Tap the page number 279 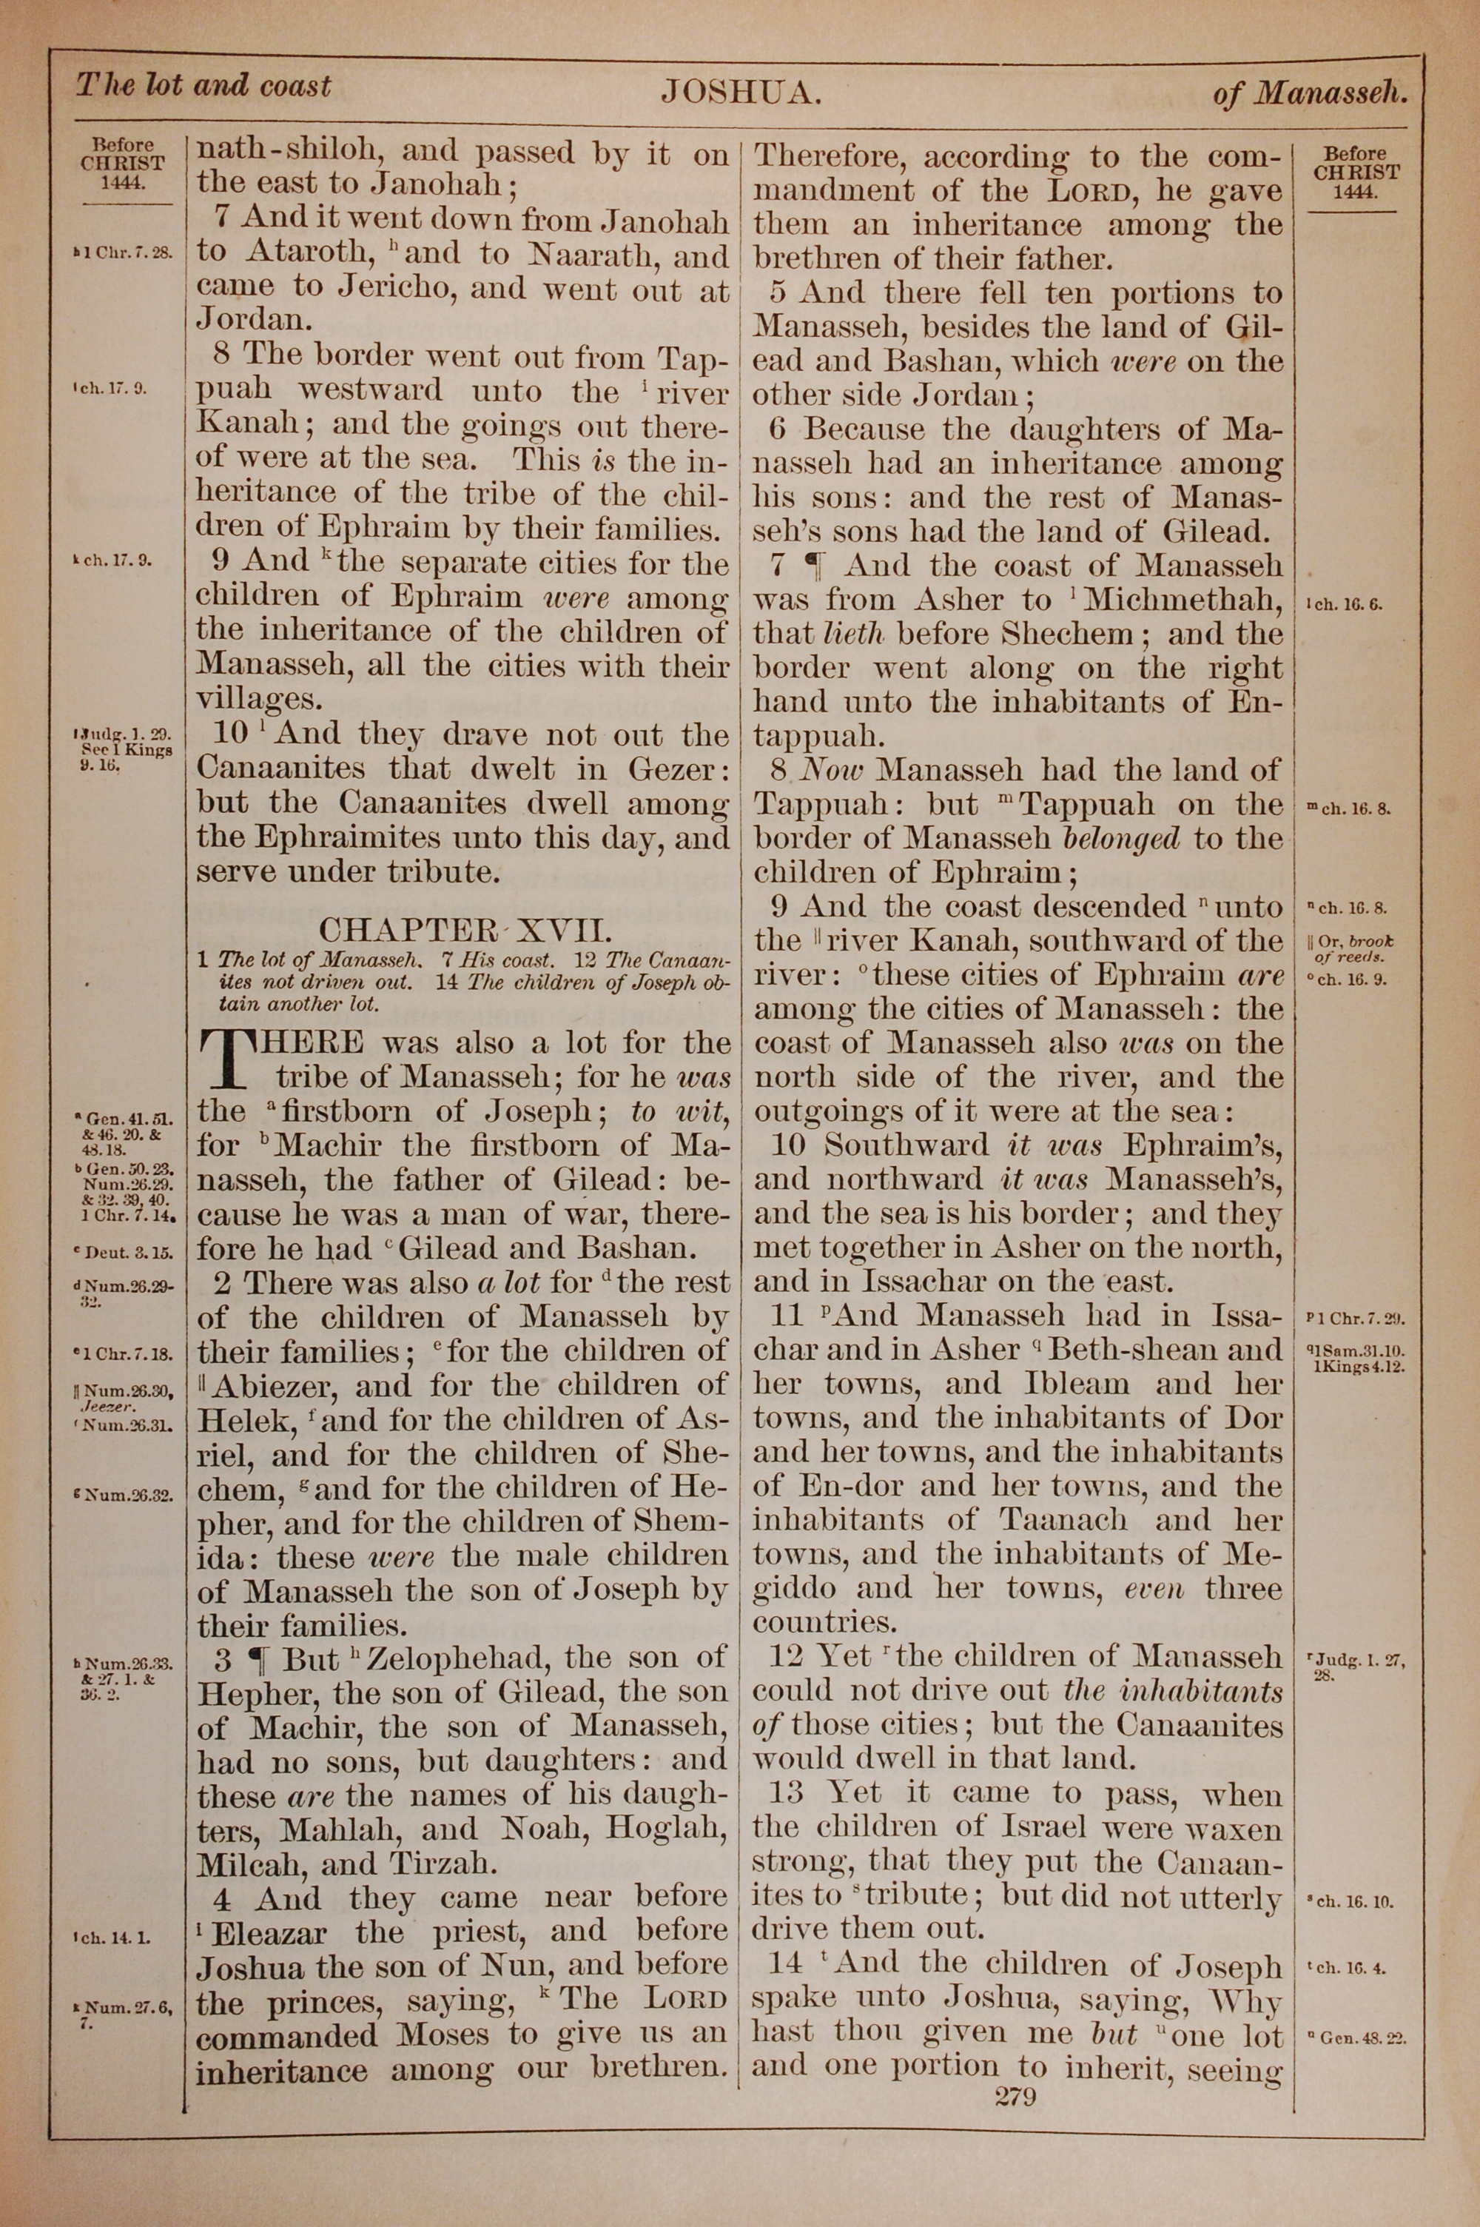click(1015, 2097)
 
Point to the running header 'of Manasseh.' click(1310, 93)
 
